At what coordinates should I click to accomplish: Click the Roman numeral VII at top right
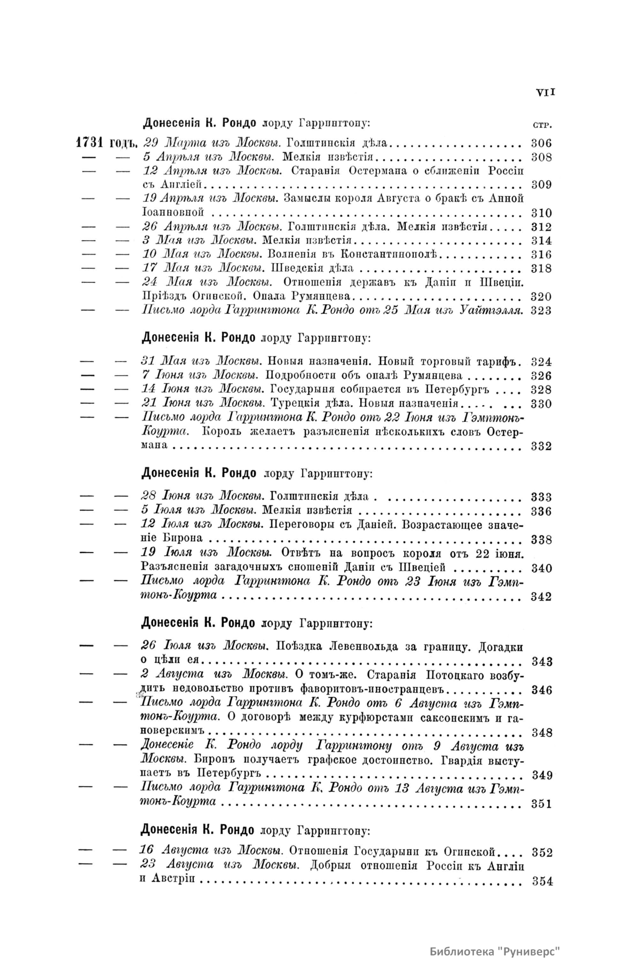[546, 92]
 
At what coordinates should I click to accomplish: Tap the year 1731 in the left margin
[91, 143]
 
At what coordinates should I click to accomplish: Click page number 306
[541, 143]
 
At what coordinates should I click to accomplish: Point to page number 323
[541, 311]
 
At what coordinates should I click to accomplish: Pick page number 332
[541, 446]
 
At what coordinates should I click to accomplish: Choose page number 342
[541, 597]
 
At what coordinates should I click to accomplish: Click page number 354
[542, 881]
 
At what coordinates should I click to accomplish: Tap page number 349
[542, 775]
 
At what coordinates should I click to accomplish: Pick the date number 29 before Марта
[151, 143]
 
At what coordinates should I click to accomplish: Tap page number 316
[541, 255]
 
